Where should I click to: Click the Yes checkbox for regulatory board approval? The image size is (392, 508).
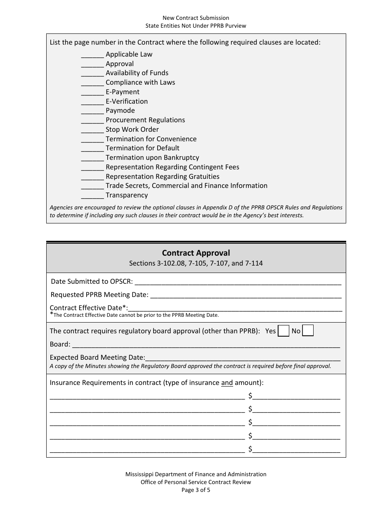(x=283, y=331)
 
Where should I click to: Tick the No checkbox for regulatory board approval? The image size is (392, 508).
(x=308, y=331)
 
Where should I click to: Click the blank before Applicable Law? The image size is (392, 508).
(x=92, y=55)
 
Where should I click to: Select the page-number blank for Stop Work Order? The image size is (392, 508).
(x=92, y=130)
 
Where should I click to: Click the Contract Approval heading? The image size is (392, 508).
(x=196, y=253)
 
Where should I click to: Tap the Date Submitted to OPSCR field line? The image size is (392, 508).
(x=238, y=282)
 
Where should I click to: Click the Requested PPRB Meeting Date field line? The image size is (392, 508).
(x=246, y=295)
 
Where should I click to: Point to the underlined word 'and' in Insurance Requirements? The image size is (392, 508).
(x=227, y=382)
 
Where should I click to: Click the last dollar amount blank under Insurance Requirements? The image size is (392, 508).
(x=296, y=449)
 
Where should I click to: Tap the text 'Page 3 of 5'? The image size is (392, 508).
(x=196, y=490)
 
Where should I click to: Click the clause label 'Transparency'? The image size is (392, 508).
(x=126, y=195)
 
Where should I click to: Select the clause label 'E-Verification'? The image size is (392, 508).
(x=126, y=101)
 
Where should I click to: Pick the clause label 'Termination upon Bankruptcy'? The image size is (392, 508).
(x=152, y=158)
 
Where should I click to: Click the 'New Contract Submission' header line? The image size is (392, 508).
(x=196, y=18)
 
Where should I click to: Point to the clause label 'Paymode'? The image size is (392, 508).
(x=120, y=111)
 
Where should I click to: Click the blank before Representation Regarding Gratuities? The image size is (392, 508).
(x=92, y=177)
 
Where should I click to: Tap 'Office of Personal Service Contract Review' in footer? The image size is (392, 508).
(x=196, y=482)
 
